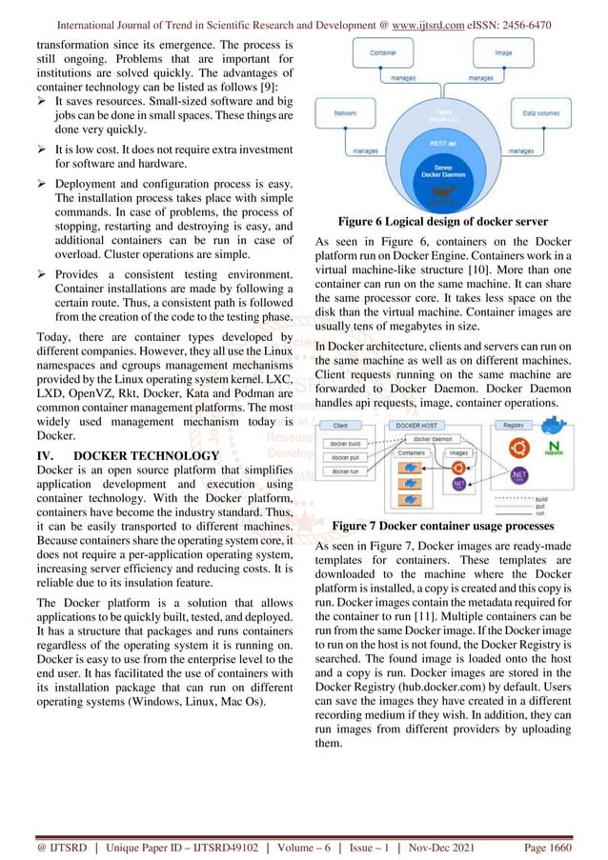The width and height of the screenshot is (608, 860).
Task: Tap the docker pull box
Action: coord(345,458)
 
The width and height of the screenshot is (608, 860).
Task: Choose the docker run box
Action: coord(345,471)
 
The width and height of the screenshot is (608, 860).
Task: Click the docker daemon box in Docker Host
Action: coord(437,439)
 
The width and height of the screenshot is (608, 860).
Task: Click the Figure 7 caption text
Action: coord(444,526)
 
